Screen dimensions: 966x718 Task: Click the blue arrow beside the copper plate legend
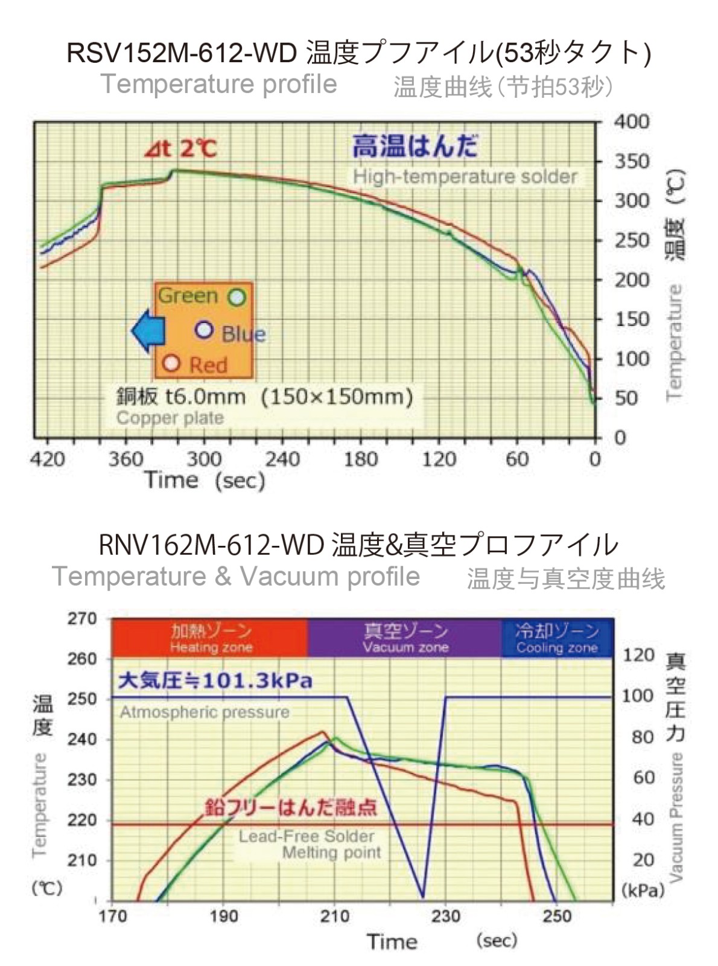point(147,330)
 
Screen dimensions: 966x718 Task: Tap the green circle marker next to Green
point(237,297)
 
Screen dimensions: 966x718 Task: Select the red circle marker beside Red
point(172,363)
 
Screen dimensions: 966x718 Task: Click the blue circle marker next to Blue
point(205,330)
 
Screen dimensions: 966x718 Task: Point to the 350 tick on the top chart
point(632,161)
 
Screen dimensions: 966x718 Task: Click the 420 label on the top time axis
point(47,459)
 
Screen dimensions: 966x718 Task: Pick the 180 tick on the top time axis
point(360,459)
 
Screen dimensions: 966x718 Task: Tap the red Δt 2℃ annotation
point(180,149)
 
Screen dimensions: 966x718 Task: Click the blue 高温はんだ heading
point(415,146)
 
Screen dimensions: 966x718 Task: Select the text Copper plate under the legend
point(170,418)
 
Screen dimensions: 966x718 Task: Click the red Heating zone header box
point(209,638)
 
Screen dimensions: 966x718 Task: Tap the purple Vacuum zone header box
point(405,638)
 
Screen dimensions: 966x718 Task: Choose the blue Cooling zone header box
point(557,638)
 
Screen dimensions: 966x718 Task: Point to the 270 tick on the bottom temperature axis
point(82,619)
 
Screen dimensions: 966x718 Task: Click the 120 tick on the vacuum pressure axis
point(638,655)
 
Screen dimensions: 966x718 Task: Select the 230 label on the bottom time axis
point(445,916)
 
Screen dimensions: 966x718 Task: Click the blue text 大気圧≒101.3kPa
point(215,681)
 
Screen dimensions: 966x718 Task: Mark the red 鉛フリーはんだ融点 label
point(290,807)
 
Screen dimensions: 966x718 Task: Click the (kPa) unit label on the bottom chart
point(643,890)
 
